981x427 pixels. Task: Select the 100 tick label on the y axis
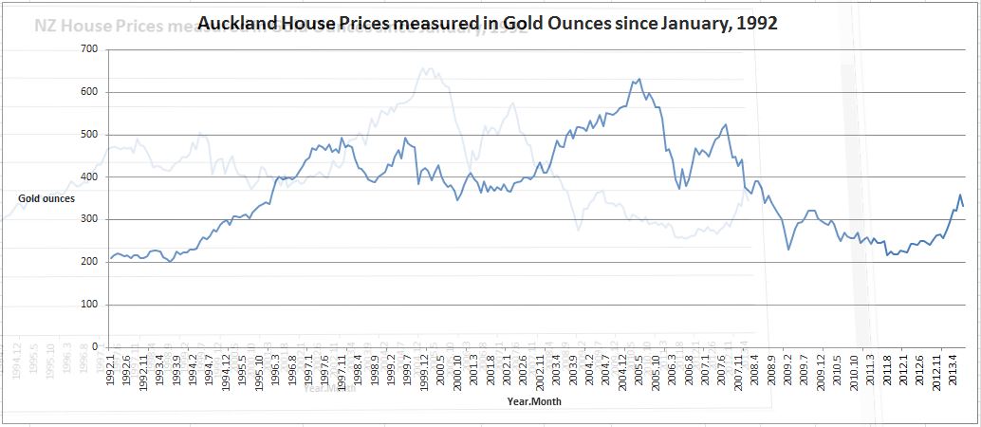pyautogui.click(x=92, y=305)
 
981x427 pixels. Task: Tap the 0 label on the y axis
pyautogui.click(x=98, y=347)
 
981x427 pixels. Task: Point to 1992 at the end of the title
pyautogui.click(x=756, y=24)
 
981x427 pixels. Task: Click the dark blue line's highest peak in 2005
pyautogui.click(x=639, y=79)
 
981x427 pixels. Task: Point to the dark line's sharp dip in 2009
pyautogui.click(x=788, y=250)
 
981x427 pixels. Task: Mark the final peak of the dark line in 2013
pyautogui.click(x=959, y=195)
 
